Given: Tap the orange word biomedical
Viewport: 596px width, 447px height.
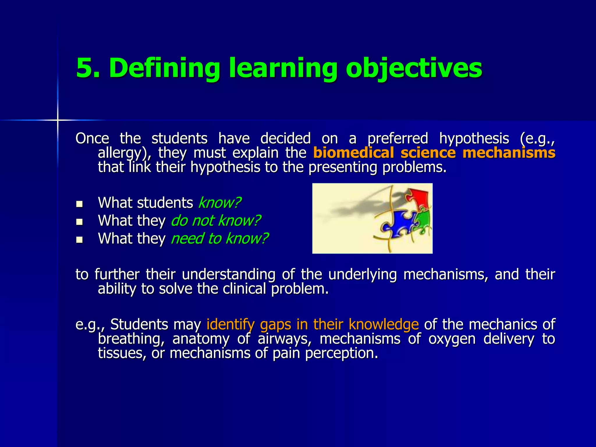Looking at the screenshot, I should pyautogui.click(x=353, y=153).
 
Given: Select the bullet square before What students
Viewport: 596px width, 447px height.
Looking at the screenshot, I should pyautogui.click(x=79, y=204).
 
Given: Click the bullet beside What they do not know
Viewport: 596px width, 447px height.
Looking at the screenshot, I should pyautogui.click(x=79, y=222).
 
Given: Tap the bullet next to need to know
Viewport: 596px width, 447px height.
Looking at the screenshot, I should pyautogui.click(x=79, y=240).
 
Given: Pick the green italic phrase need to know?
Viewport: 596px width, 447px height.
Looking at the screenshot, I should pyautogui.click(x=219, y=238).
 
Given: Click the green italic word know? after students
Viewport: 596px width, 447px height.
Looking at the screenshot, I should pyautogui.click(x=220, y=203).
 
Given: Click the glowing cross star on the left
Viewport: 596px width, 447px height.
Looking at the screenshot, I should pyautogui.click(x=58, y=120).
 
